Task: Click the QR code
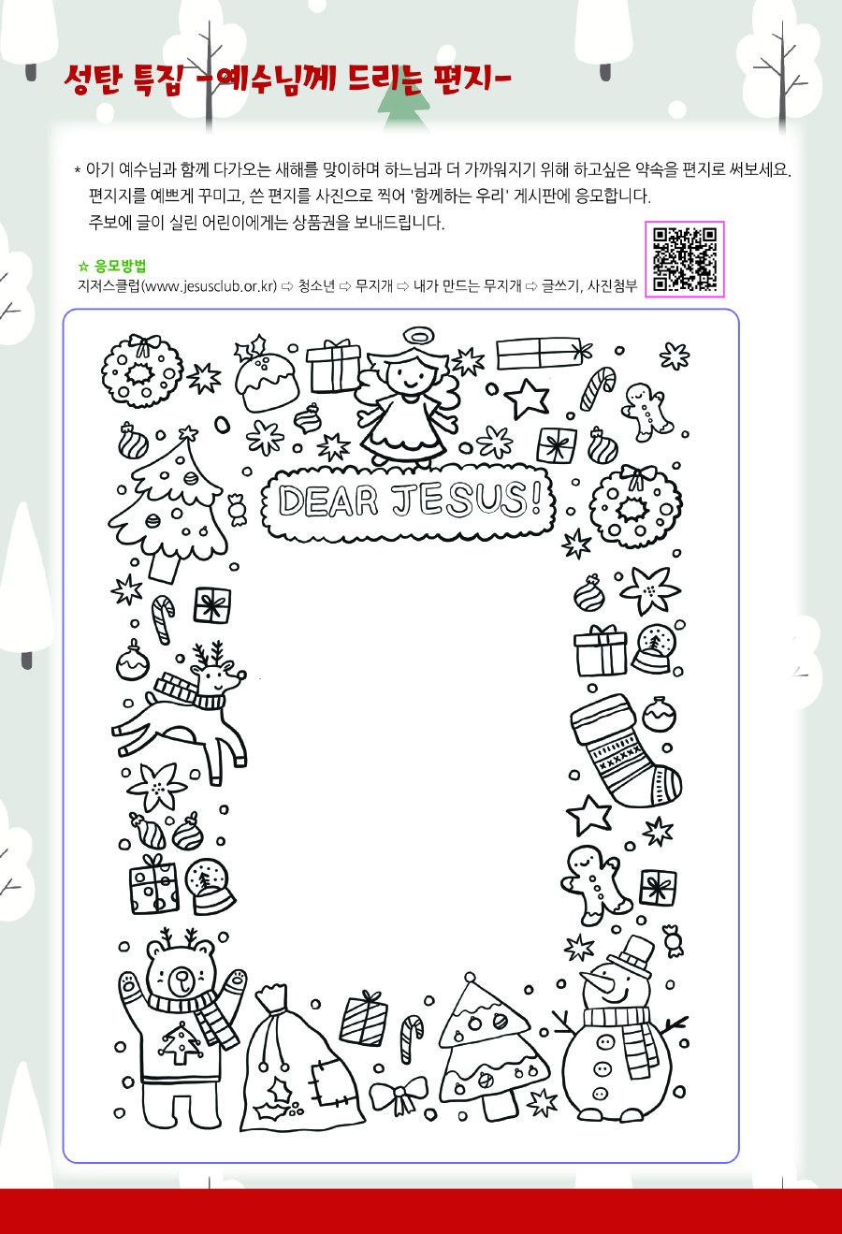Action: click(x=685, y=259)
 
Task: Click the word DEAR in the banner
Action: click(x=327, y=501)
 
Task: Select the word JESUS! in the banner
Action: click(x=466, y=499)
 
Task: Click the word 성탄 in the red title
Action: click(x=93, y=80)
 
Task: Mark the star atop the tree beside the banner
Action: click(x=189, y=433)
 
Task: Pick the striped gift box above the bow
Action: click(x=363, y=1020)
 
